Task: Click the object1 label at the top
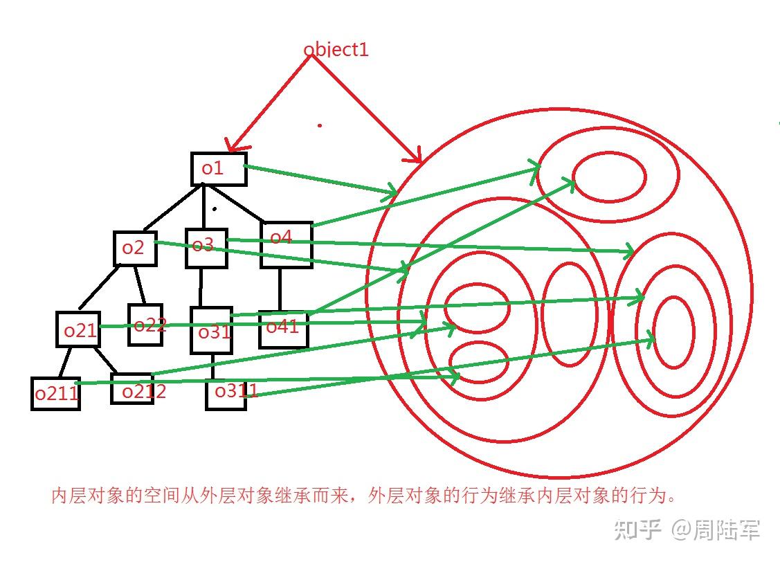coord(336,50)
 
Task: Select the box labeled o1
coord(219,169)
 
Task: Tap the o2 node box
coord(135,248)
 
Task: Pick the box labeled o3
coord(206,248)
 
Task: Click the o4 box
coord(286,244)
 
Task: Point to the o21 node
coord(78,329)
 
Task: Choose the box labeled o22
coord(145,325)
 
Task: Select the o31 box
coord(212,331)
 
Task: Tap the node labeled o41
coord(283,329)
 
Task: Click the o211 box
coord(55,393)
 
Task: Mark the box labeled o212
coord(132,389)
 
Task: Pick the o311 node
coord(226,393)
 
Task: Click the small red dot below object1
coord(319,125)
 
